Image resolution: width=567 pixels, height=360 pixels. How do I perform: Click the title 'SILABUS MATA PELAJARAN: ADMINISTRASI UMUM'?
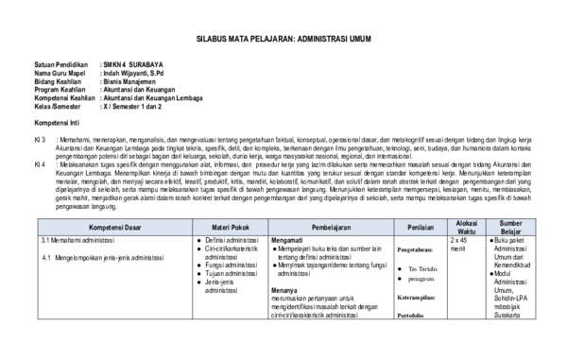(283, 43)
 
